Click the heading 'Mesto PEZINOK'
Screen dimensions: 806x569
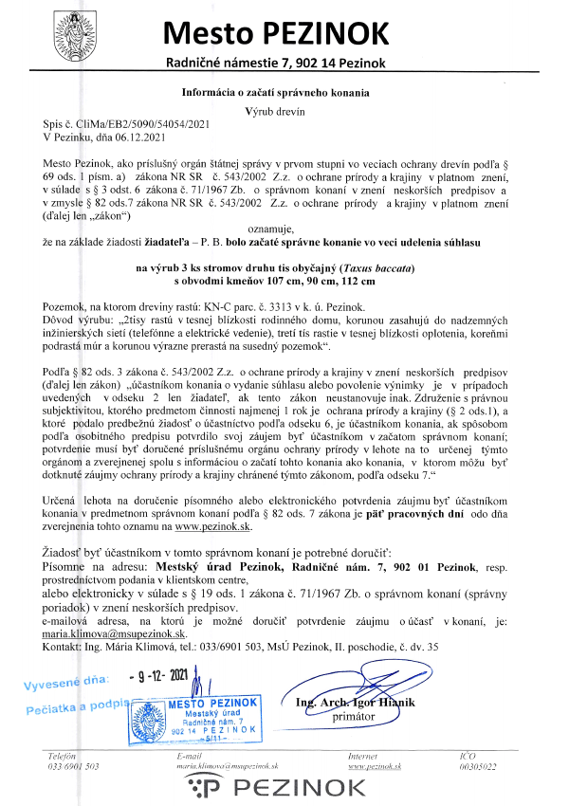[x=276, y=33]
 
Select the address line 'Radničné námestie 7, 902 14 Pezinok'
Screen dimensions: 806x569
[x=276, y=63]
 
